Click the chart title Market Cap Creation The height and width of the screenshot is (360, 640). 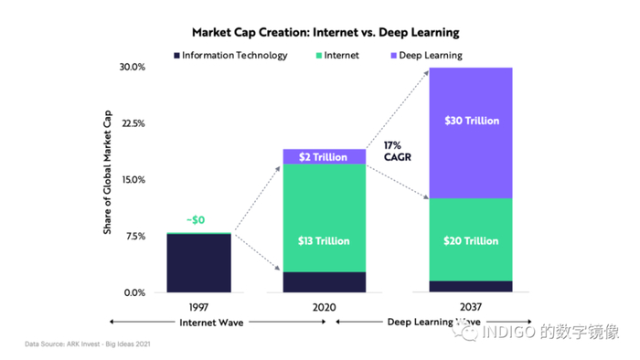(x=320, y=33)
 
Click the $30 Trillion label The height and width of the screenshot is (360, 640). (x=473, y=121)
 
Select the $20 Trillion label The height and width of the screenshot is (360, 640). (x=473, y=240)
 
